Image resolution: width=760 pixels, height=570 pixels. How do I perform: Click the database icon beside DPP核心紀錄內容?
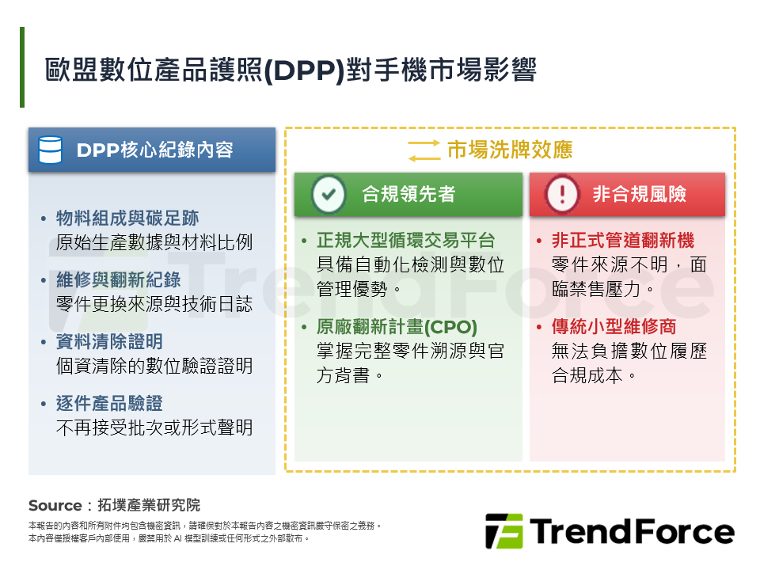coord(51,150)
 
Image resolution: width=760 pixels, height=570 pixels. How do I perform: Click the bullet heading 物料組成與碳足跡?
coord(127,218)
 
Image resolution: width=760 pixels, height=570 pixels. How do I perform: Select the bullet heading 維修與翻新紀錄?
coord(118,279)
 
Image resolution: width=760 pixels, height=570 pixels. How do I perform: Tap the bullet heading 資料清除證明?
coord(109,341)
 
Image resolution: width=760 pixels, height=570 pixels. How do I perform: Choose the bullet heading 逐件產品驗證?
coord(109,403)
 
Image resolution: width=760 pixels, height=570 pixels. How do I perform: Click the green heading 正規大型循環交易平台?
coord(405,241)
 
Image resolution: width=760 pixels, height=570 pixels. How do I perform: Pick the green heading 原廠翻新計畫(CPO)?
coord(397,326)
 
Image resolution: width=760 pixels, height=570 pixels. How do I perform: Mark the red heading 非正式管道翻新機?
coord(622,241)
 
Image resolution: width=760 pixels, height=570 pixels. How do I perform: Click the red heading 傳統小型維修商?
coord(614,326)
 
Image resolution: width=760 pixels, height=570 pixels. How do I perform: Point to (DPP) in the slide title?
coord(303,71)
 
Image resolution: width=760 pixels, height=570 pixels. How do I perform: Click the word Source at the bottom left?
coord(55,505)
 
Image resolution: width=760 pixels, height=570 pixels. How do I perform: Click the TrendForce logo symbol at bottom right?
coord(503,531)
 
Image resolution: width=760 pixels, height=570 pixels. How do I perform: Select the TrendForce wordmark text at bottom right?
coord(632,531)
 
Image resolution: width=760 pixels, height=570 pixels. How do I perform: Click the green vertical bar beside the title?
coord(22,67)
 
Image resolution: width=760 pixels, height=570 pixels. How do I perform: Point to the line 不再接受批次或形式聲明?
coord(154,427)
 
